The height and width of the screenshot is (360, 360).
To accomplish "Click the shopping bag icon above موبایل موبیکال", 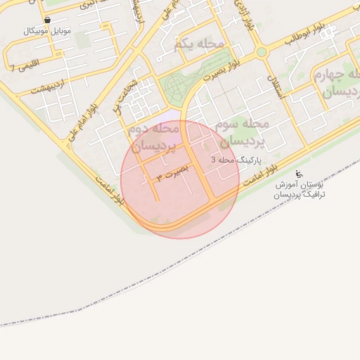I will (47, 20).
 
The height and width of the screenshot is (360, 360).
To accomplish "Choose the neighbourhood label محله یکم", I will (198, 45).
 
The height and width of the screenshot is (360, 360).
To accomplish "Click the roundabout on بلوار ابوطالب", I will (262, 52).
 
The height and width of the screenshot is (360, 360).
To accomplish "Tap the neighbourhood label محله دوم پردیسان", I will (153, 138).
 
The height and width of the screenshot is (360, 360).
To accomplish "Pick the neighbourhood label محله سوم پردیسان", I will (243, 131).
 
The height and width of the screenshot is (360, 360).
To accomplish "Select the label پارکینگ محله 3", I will (236, 160).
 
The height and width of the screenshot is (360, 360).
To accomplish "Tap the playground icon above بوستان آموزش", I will (298, 173).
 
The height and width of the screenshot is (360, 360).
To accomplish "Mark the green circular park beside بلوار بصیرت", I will (175, 87).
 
